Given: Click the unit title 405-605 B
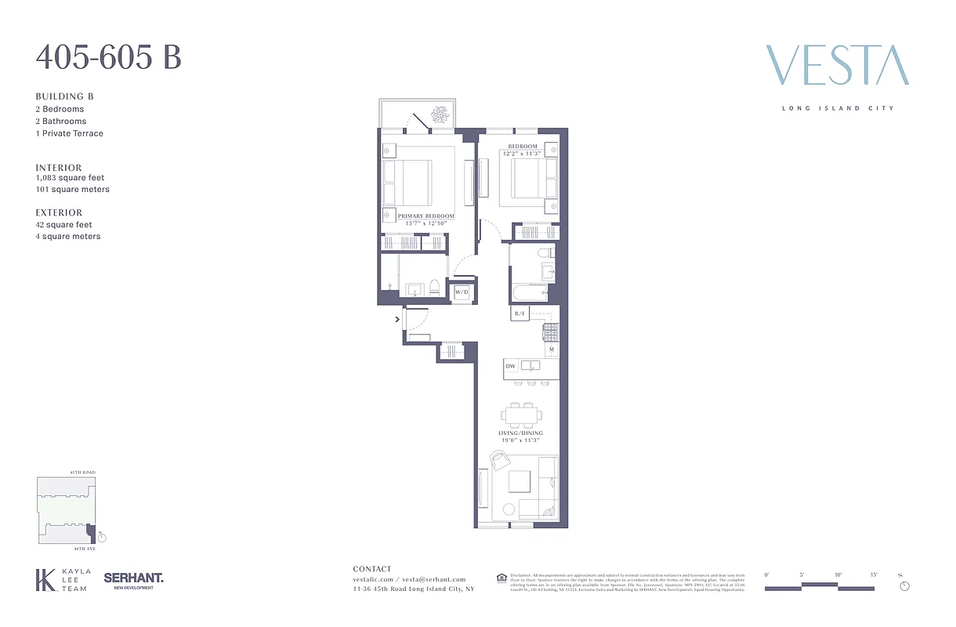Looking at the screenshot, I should pos(108,58).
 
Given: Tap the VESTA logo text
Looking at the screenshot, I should pos(837,66).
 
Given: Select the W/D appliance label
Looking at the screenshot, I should pos(462,292).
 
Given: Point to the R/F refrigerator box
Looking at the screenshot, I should pos(520,313).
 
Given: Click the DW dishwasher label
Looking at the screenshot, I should pos(510,366).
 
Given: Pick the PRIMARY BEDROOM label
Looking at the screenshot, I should pos(425,216).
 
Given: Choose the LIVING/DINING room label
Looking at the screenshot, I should pos(520,433).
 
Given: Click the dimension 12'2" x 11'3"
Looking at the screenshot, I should pos(522,154).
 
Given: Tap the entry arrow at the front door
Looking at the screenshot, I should pos(397,319).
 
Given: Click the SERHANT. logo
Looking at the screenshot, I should pos(133,578).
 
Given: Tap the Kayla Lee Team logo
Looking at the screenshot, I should pos(63,580).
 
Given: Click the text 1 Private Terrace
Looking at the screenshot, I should pos(69,133).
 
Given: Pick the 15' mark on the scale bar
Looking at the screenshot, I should pos(873,575).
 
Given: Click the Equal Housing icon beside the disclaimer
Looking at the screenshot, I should pos(502,578).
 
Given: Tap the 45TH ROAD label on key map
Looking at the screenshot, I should pos(82,473).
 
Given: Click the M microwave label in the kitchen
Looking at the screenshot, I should pos(552,350).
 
